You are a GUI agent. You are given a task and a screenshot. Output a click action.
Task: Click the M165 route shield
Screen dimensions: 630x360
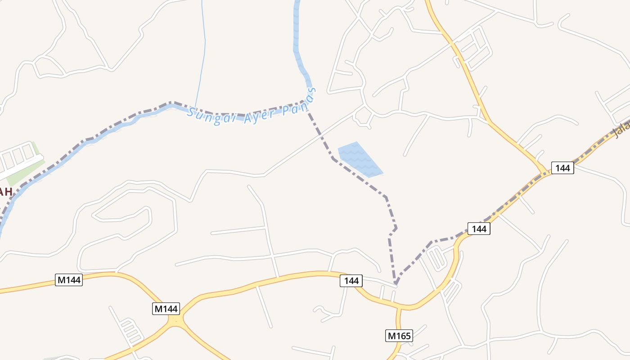(399, 335)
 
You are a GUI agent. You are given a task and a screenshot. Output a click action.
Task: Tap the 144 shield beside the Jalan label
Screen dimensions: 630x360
(562, 168)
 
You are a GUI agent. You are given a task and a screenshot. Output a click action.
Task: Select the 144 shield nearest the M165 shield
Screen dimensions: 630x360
(351, 281)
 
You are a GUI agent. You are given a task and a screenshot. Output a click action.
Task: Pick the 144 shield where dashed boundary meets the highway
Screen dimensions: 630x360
(479, 229)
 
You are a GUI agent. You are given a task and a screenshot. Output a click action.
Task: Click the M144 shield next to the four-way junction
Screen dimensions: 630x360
(166, 309)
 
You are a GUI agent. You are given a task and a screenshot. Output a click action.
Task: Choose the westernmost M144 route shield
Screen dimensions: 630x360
(69, 280)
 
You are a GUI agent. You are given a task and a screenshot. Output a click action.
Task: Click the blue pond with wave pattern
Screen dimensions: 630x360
(359, 160)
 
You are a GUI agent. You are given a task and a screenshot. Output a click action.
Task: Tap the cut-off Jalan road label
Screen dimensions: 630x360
(621, 130)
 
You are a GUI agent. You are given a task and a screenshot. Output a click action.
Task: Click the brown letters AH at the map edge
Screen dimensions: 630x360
(5, 192)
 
